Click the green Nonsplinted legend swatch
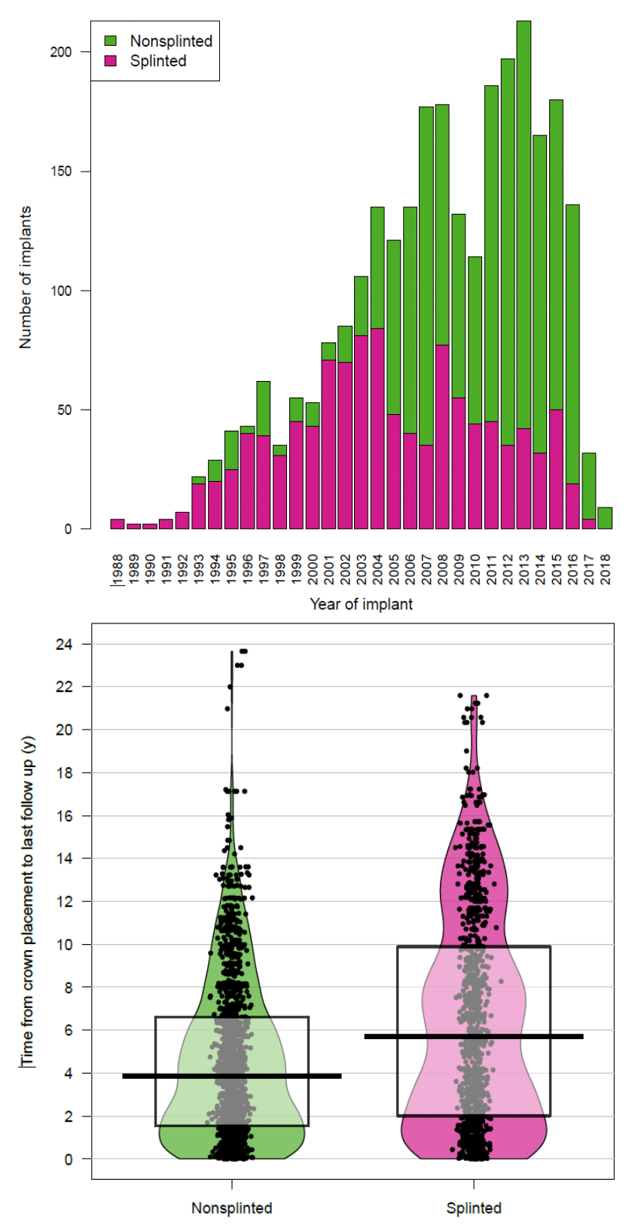point(111,41)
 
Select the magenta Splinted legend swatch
point(111,61)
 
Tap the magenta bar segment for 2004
point(377,428)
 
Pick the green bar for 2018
point(605,518)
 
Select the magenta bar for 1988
point(118,524)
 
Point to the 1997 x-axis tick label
point(264,569)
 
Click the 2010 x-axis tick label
point(475,569)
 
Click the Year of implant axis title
point(361,604)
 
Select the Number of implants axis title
point(26,277)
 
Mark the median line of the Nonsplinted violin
point(232,1076)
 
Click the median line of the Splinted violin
point(474,1037)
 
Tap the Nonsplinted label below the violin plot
point(231,1208)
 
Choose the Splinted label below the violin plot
point(474,1208)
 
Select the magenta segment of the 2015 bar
point(556,469)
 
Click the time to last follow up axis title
point(29,902)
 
